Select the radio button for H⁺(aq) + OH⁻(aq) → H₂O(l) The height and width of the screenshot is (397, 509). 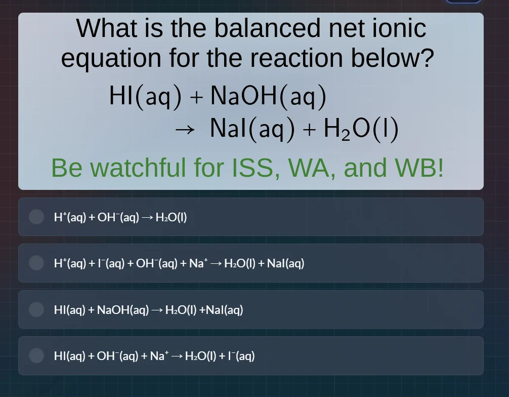(36, 217)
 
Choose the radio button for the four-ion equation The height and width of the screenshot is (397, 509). (36, 263)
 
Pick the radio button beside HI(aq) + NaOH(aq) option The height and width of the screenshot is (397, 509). (36, 309)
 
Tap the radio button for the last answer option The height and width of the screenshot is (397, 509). (36, 355)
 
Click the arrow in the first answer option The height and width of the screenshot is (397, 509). (147, 218)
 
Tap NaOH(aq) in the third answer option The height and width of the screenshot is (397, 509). (123, 310)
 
